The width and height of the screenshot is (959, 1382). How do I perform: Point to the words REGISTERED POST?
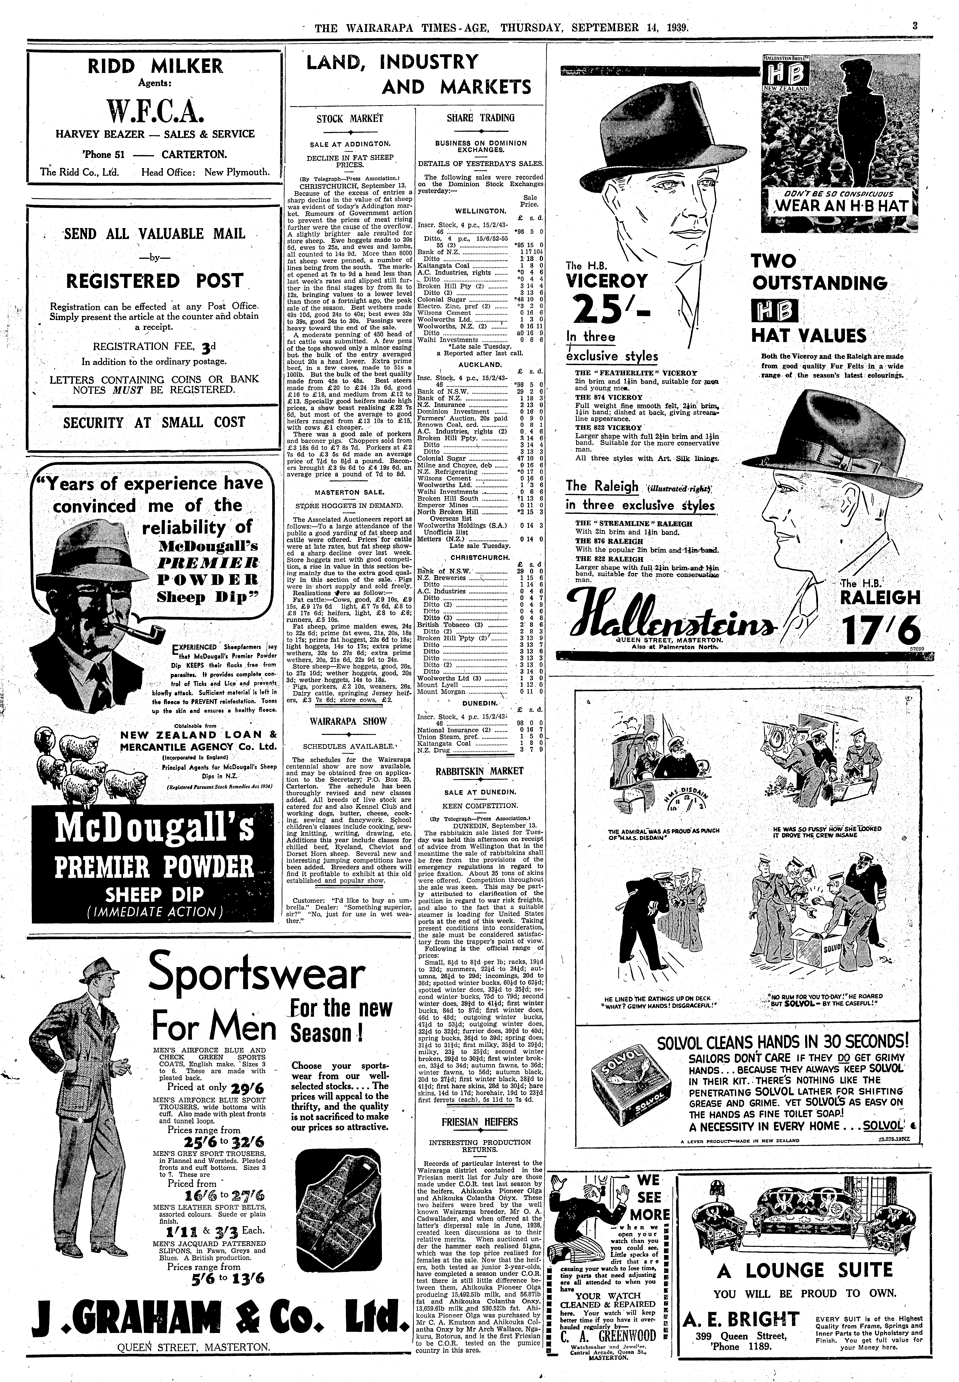tap(154, 281)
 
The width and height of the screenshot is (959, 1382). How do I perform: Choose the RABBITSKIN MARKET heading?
tap(480, 771)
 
